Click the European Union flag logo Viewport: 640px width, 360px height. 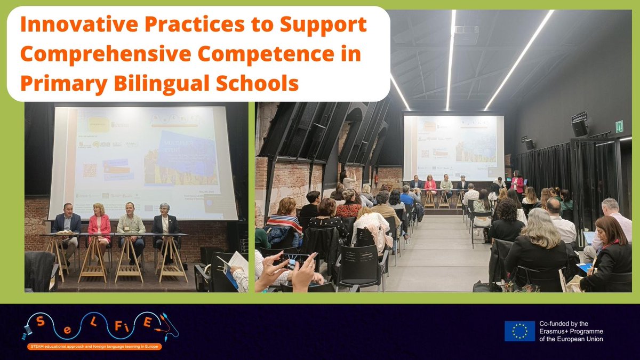click(519, 331)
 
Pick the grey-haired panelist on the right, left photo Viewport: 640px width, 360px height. click(164, 224)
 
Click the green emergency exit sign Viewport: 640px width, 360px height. click(619, 126)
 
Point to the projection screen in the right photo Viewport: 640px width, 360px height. click(453, 147)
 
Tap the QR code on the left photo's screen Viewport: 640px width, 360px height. click(90, 170)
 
